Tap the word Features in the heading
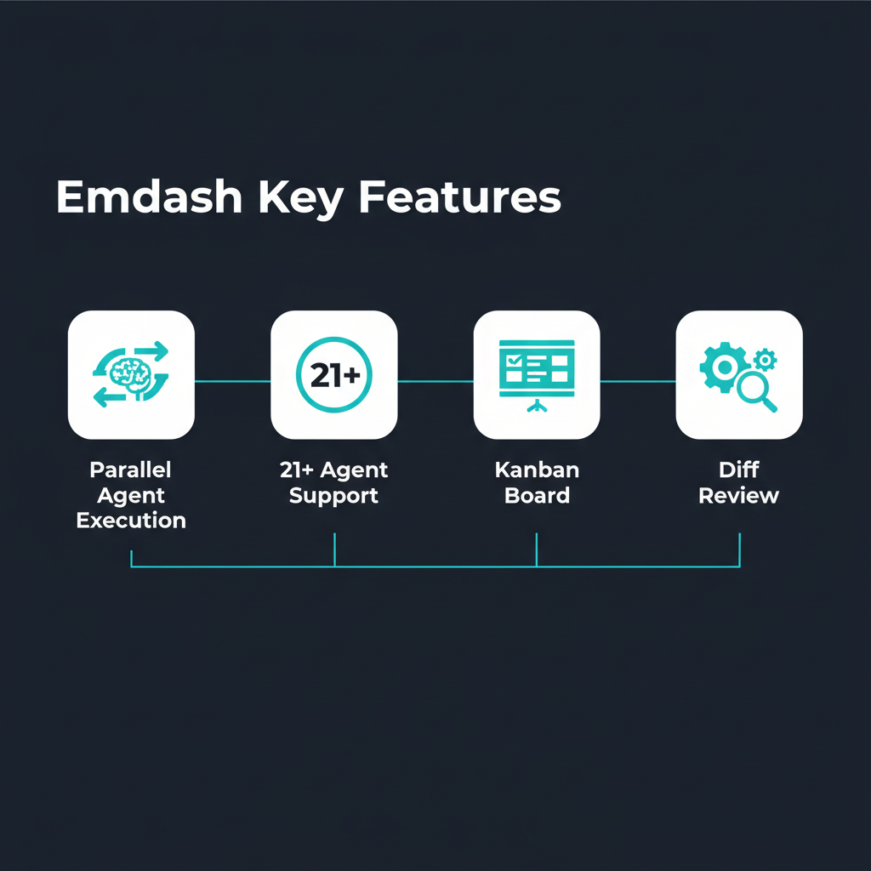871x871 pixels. pos(460,197)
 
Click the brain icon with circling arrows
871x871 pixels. pos(131,374)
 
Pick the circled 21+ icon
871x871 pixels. pos(334,375)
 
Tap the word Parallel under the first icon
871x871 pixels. pos(131,470)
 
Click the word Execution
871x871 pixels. pos(131,521)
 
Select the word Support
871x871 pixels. pos(333,496)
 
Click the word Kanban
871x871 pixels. pos(537,470)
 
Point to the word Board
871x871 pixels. pos(537,496)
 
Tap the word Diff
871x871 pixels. pos(739,470)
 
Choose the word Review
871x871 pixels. pos(739,496)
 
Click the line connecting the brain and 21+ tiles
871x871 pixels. pos(232,382)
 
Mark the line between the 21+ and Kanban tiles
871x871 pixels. pos(435,382)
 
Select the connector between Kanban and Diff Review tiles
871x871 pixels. pos(638,382)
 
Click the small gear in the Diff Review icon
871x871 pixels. pos(766,359)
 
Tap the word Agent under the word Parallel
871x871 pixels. pos(131,496)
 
